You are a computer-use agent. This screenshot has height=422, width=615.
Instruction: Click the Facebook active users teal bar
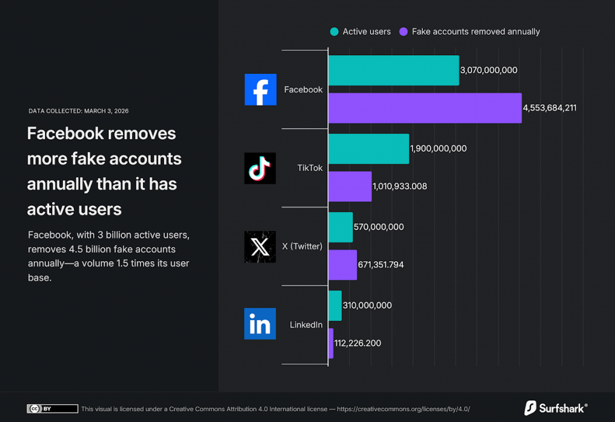(x=393, y=70)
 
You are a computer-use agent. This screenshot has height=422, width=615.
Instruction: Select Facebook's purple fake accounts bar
(x=425, y=108)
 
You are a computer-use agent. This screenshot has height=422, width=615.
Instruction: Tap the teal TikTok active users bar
(x=368, y=149)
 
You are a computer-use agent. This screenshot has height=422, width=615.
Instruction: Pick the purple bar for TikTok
(x=350, y=186)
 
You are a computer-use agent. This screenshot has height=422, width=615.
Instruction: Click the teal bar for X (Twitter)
(x=341, y=227)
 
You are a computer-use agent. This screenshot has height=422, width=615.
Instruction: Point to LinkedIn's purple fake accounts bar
(x=331, y=343)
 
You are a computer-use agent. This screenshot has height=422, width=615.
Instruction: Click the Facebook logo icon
(x=261, y=89)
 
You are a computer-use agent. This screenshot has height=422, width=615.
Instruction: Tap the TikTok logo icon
(x=260, y=168)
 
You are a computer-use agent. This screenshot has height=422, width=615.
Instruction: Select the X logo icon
(x=260, y=246)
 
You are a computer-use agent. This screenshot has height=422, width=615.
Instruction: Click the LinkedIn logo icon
(x=260, y=324)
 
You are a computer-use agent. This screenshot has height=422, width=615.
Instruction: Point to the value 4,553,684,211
(x=550, y=108)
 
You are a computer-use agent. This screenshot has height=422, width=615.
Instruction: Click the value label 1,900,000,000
(x=438, y=149)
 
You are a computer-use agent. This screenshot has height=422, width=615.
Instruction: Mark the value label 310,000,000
(x=367, y=306)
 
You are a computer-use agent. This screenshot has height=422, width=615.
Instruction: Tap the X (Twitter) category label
(x=302, y=246)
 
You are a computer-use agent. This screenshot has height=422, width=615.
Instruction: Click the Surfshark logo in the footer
(x=556, y=408)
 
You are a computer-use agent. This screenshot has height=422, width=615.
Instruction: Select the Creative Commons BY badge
(x=52, y=409)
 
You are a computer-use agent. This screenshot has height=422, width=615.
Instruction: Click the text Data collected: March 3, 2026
(x=79, y=111)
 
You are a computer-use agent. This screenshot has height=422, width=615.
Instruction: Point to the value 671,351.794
(x=389, y=265)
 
